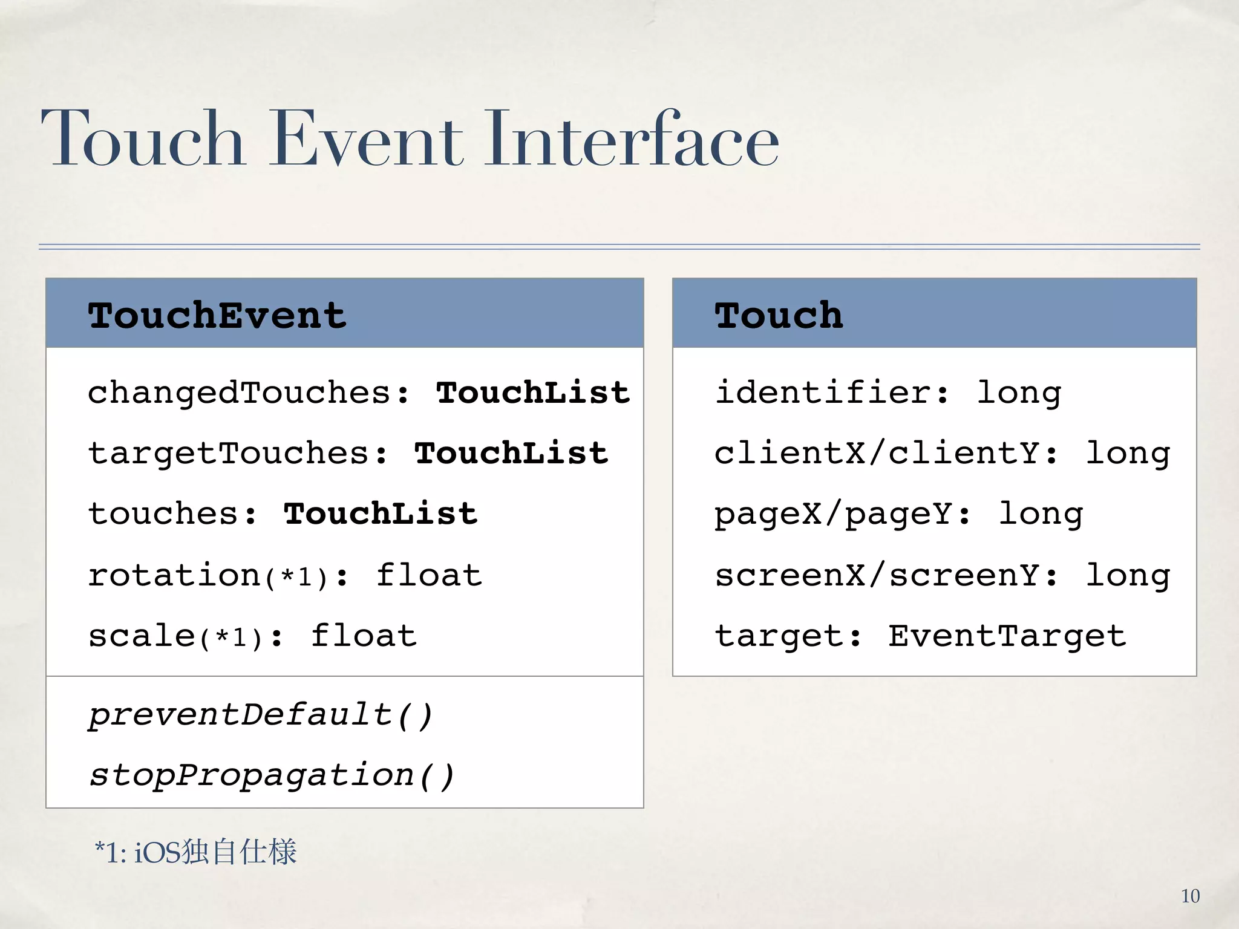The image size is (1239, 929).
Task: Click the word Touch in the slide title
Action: pos(143,139)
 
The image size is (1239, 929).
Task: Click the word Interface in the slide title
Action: pos(632,139)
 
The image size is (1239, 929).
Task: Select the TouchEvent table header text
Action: pos(217,315)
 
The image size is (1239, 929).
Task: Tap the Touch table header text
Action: pos(779,315)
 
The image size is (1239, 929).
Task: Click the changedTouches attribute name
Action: pos(240,393)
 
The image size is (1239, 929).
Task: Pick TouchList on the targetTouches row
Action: pos(511,454)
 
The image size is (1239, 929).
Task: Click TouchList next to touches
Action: pos(381,514)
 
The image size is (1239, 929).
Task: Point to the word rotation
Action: pos(174,575)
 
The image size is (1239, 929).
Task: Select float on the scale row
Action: pos(364,636)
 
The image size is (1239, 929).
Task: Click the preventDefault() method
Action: pos(261,715)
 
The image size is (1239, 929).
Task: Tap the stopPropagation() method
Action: pos(272,775)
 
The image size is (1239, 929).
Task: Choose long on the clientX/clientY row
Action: pos(1128,454)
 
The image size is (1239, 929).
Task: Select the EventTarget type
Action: pos(1007,636)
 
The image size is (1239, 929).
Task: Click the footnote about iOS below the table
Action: pos(195,852)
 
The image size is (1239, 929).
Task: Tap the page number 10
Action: pos(1190,896)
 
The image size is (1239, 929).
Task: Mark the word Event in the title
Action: pos(365,139)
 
